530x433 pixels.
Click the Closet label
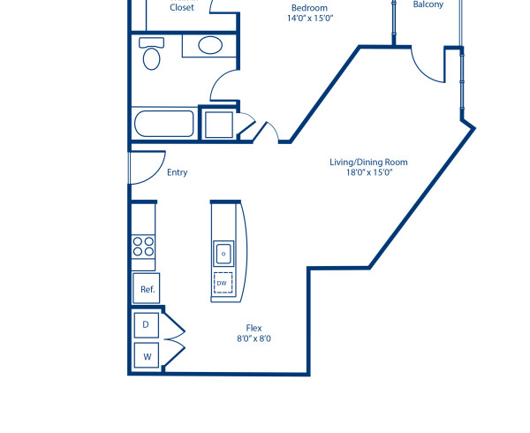point(183,7)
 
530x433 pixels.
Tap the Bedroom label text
point(310,8)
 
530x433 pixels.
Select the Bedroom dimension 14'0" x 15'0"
point(310,19)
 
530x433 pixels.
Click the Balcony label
point(428,4)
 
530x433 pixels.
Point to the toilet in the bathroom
point(152,56)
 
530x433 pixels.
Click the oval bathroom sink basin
point(210,45)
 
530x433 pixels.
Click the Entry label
point(177,173)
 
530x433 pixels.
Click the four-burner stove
point(143,247)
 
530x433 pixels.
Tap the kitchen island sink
point(223,253)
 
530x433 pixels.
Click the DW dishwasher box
point(223,284)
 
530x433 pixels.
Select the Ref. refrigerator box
point(145,289)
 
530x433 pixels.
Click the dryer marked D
point(145,325)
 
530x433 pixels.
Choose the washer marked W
point(145,357)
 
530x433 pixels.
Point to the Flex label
point(254,327)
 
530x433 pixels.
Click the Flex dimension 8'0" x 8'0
point(254,338)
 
